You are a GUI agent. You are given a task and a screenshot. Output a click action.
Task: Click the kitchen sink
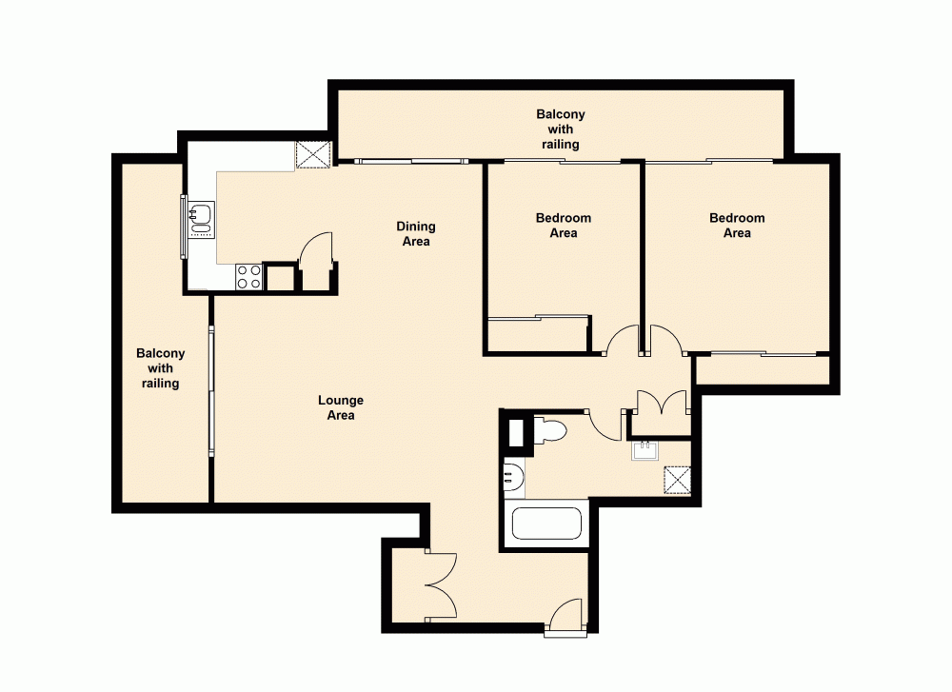pyautogui.click(x=201, y=218)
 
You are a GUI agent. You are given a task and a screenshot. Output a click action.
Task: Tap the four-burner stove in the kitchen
pyautogui.click(x=249, y=277)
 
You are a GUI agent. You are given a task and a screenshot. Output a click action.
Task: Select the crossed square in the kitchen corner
pyautogui.click(x=311, y=154)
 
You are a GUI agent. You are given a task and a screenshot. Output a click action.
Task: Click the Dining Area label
pyautogui.click(x=416, y=233)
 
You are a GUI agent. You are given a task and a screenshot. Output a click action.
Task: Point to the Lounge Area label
pyautogui.click(x=341, y=407)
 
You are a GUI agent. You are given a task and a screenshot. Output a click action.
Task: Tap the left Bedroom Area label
pyautogui.click(x=564, y=226)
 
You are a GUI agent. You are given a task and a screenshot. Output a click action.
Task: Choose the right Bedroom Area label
pyautogui.click(x=737, y=226)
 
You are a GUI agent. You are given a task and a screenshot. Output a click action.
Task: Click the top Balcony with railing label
pyautogui.click(x=561, y=129)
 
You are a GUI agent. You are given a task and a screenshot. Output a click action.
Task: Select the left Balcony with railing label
pyautogui.click(x=161, y=368)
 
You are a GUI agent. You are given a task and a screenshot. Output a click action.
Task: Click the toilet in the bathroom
pyautogui.click(x=549, y=431)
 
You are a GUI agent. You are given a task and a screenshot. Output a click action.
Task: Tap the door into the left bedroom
pyautogui.click(x=623, y=341)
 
